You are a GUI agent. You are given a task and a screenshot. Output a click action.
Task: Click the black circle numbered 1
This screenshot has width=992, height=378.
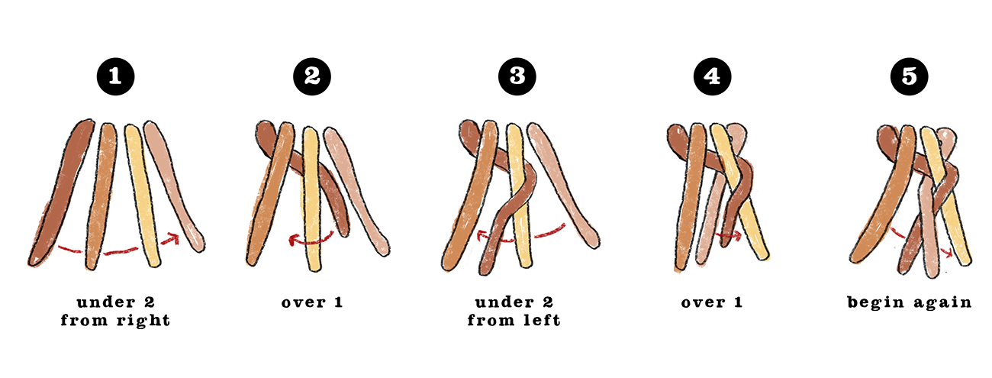point(115,76)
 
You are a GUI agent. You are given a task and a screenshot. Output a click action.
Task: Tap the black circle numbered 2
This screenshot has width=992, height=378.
point(312,76)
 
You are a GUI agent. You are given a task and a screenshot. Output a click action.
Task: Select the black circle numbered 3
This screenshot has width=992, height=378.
point(517,76)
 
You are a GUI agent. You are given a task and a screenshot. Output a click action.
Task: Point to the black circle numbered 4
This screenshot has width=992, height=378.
point(713,76)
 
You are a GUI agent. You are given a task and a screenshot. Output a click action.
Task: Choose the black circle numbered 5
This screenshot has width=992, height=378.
point(909,76)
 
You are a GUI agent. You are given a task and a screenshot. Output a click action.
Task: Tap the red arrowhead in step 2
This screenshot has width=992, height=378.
point(294,241)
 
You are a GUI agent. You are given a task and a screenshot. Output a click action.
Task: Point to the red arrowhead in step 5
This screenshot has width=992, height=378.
point(948,253)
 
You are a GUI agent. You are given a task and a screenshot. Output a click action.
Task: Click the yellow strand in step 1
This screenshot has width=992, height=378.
point(142,195)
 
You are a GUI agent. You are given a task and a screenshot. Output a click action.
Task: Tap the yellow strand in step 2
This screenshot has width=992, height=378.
point(312,199)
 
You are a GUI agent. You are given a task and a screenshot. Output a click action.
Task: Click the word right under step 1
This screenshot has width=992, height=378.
point(143,321)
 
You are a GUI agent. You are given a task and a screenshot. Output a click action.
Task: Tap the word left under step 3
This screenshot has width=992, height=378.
point(543,319)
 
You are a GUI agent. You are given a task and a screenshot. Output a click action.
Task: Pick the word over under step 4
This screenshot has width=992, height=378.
point(704,302)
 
